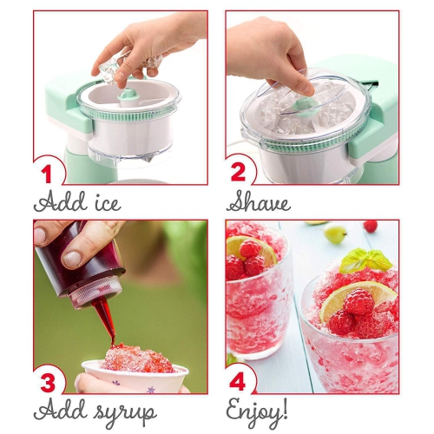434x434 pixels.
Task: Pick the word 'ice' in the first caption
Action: click(104, 203)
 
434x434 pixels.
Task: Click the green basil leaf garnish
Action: click(365, 260)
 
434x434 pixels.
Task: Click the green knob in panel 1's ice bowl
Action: click(128, 93)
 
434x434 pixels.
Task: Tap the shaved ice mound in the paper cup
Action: click(135, 358)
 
